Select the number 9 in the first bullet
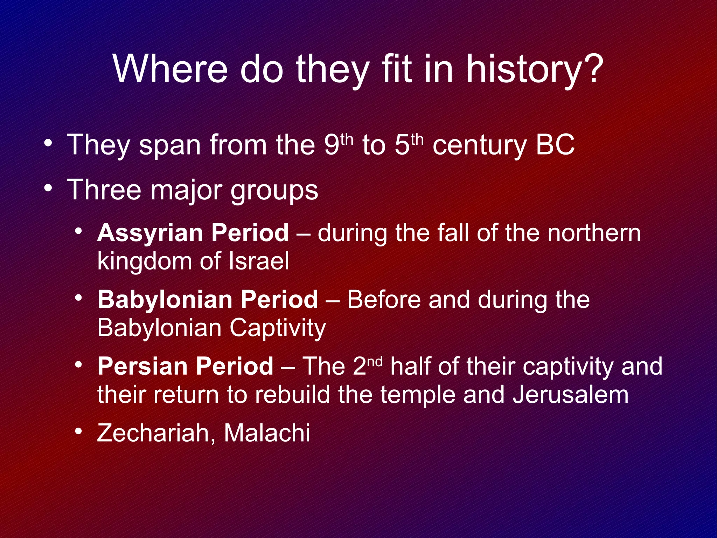[331, 145]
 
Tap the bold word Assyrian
[150, 233]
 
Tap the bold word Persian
[141, 366]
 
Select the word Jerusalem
[571, 395]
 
